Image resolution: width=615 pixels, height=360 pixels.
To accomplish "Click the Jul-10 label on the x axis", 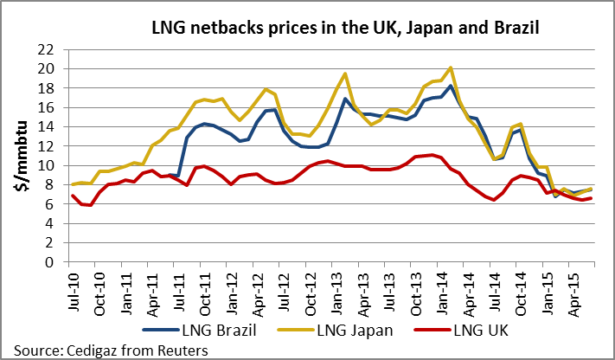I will (70, 286).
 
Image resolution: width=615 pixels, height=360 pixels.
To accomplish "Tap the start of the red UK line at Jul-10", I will (72, 196).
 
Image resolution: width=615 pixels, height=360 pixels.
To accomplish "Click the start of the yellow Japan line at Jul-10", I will (72, 184).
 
